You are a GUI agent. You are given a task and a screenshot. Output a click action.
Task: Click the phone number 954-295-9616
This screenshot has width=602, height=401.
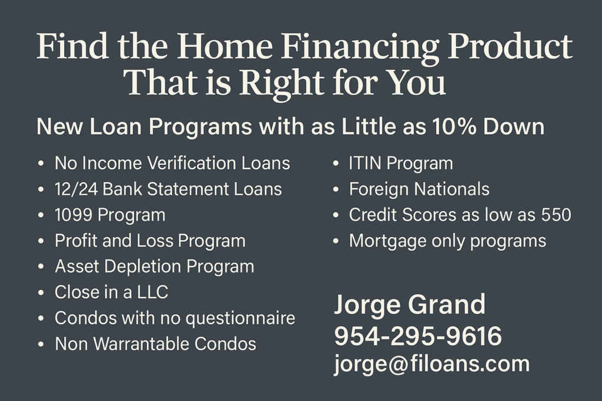click(x=418, y=336)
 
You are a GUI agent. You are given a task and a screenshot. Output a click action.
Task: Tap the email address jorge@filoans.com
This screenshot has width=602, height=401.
click(x=432, y=364)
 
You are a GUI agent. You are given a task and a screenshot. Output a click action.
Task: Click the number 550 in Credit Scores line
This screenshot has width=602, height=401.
click(x=556, y=215)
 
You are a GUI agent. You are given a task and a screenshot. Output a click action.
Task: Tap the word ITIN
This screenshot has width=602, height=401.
click(x=364, y=163)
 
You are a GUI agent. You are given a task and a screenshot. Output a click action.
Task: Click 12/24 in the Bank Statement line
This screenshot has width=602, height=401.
click(x=76, y=190)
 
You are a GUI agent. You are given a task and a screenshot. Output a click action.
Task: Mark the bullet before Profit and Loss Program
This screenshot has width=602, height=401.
click(x=41, y=241)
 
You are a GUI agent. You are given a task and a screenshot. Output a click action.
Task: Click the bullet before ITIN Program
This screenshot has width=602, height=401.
click(x=336, y=164)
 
